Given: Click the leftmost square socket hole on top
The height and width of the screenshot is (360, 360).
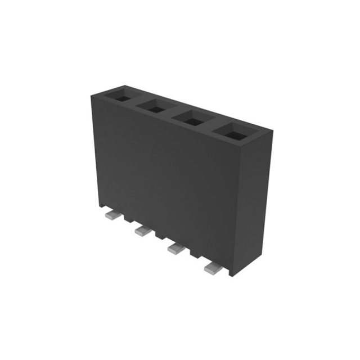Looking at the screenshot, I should point(121,95).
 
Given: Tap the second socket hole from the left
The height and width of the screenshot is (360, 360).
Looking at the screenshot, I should point(154,106).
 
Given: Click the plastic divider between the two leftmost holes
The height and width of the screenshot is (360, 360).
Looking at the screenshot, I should point(137,101).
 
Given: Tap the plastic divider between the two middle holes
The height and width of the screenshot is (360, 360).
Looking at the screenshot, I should point(172,112).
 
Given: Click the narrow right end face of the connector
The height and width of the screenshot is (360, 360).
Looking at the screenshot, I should point(259,202).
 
